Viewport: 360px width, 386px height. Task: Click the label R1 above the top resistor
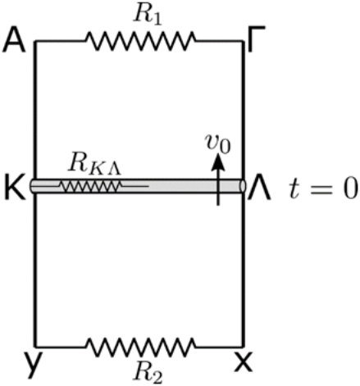[148, 16]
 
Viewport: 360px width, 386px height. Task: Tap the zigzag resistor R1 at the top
[141, 41]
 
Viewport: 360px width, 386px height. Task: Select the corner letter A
[14, 40]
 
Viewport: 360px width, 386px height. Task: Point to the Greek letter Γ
[256, 39]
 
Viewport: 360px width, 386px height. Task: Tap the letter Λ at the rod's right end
[259, 187]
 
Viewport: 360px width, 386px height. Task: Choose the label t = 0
[323, 188]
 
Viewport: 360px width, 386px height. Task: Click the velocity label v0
[218, 143]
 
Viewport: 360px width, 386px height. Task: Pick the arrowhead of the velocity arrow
[218, 163]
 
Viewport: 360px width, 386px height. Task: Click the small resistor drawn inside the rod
[90, 187]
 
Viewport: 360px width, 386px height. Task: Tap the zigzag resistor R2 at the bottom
[141, 347]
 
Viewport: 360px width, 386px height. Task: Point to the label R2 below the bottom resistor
[148, 372]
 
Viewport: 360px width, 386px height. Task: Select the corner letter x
[244, 362]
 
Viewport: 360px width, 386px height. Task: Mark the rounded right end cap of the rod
[243, 186]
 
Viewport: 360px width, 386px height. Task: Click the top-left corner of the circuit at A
[35, 41]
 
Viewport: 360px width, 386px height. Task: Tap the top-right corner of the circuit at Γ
[243, 41]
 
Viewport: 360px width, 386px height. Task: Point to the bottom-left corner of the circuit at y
[35, 347]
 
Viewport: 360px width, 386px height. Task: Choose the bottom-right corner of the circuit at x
[243, 347]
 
